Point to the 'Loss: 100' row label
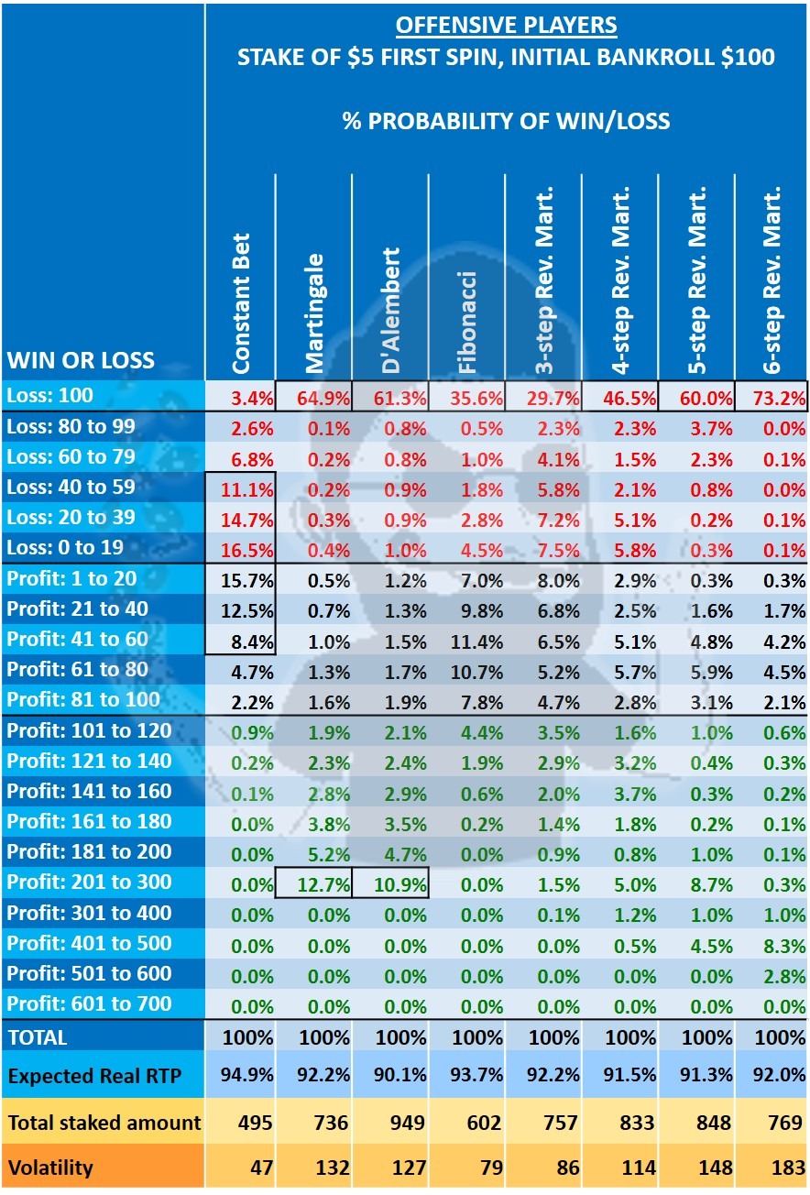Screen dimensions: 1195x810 [49, 396]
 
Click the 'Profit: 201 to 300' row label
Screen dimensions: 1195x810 [89, 882]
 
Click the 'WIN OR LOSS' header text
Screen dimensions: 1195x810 [82, 359]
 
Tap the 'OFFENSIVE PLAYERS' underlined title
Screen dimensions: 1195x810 [506, 26]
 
